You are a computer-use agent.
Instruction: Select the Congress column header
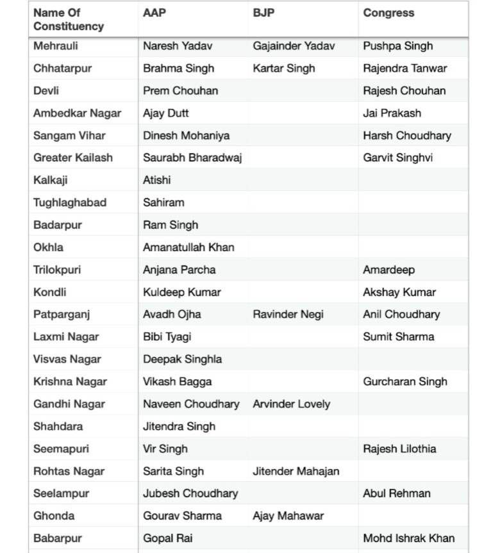[x=388, y=13]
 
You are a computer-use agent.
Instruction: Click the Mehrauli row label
[x=56, y=46]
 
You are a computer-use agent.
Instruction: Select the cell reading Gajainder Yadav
[x=294, y=46]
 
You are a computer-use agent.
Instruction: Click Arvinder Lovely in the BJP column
[x=291, y=404]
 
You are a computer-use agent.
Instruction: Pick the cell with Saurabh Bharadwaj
[x=192, y=158]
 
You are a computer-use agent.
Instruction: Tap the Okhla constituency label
[x=49, y=247]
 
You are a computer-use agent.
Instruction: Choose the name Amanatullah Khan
[x=188, y=247]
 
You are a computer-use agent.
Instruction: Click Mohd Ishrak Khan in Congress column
[x=408, y=538]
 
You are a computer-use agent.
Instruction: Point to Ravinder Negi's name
[x=288, y=314]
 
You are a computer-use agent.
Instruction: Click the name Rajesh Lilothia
[x=399, y=449]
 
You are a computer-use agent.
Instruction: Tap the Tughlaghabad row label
[x=70, y=202]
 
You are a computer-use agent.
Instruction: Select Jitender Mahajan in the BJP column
[x=296, y=471]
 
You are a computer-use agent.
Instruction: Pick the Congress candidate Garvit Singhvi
[x=397, y=158]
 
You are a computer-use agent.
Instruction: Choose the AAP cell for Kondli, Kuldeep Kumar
[x=181, y=292]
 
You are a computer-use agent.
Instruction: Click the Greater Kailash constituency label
[x=72, y=158]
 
